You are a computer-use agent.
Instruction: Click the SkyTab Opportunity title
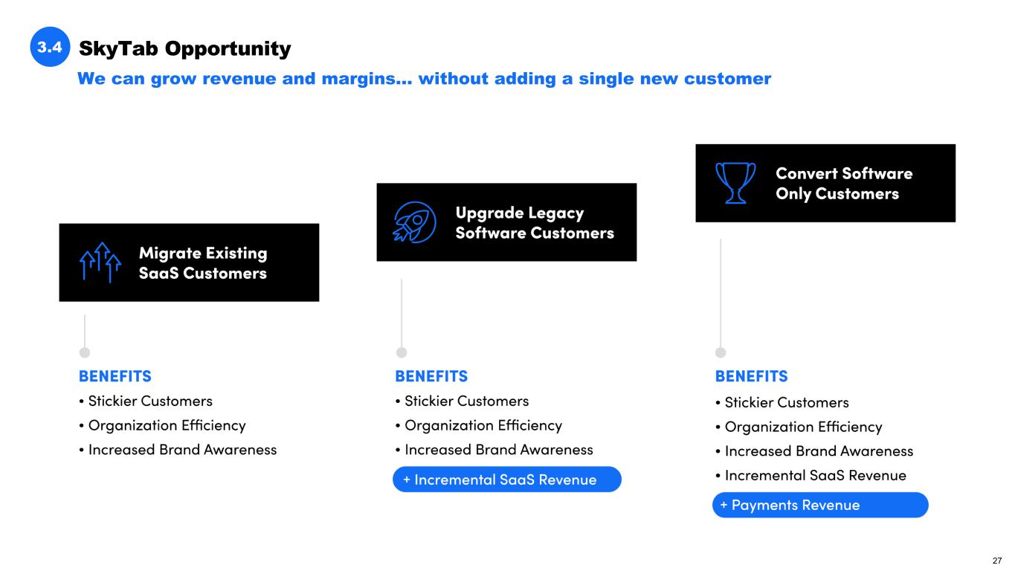coord(184,48)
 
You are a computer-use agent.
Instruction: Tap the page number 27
coord(997,560)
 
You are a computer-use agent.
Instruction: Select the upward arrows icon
coord(100,262)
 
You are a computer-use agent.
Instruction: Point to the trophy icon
coord(735,183)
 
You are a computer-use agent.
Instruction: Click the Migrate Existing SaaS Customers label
coord(202,263)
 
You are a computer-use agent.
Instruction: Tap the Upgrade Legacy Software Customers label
coord(534,222)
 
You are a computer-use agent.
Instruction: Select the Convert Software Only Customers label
coord(843,183)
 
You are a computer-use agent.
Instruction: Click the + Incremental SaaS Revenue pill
coord(506,480)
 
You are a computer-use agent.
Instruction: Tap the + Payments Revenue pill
coord(820,505)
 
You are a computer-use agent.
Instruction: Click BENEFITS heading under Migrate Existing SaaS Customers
coord(115,375)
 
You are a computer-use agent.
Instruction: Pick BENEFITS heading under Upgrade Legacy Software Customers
coord(431,375)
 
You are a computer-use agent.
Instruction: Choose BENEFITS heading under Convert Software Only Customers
coord(751,375)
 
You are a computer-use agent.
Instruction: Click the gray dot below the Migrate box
coord(85,352)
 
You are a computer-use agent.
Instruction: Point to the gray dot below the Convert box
coord(721,352)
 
